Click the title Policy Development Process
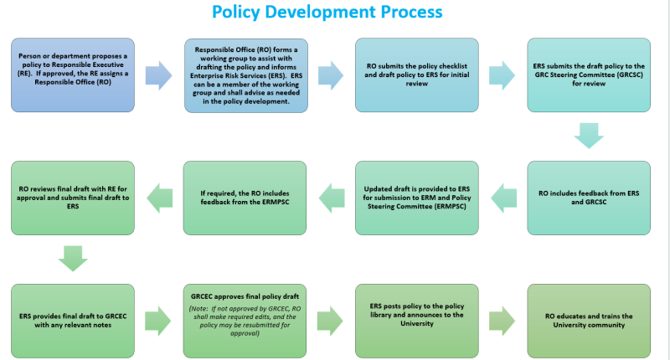pyautogui.click(x=327, y=13)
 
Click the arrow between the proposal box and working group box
pyautogui.click(x=159, y=75)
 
